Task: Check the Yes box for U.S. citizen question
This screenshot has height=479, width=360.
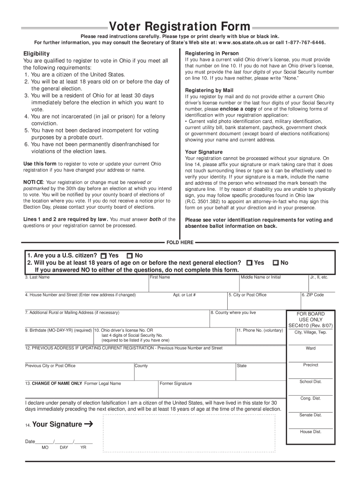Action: [103, 256]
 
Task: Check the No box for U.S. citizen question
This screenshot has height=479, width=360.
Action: [130, 256]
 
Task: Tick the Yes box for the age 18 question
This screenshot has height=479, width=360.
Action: [249, 263]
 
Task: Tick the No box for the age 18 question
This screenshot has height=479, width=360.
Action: [275, 263]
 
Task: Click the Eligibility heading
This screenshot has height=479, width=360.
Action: [36, 54]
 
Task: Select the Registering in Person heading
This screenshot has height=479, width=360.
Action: [212, 53]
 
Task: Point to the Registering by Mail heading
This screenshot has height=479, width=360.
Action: [209, 90]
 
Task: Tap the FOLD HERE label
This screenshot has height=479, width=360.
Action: [180, 242]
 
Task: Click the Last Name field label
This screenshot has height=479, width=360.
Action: [37, 277]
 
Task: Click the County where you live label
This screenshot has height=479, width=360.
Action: [233, 312]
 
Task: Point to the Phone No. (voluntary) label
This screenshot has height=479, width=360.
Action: [259, 330]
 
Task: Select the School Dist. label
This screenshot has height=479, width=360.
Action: [310, 382]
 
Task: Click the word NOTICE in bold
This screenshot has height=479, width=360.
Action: [33, 182]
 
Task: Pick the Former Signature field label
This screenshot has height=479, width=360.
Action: [176, 384]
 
